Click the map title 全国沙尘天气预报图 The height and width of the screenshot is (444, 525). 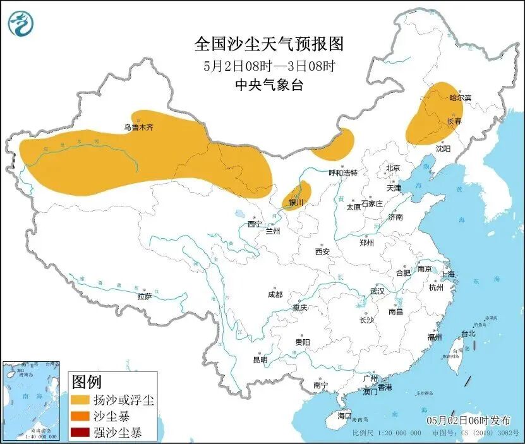[x=269, y=44]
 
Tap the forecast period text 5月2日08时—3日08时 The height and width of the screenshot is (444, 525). [x=269, y=65]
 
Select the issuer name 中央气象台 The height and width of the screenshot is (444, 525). [x=269, y=85]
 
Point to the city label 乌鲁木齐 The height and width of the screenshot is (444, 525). [x=138, y=127]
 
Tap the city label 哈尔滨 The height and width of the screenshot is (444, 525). [x=460, y=98]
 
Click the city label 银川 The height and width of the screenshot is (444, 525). [x=296, y=203]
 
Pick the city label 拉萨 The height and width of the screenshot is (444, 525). [x=144, y=296]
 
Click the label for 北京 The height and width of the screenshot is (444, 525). [x=393, y=168]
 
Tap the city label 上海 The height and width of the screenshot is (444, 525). [x=447, y=274]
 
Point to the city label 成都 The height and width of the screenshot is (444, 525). [x=275, y=294]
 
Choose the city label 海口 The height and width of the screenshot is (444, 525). [x=344, y=416]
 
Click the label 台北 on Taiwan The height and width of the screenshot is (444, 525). [x=468, y=333]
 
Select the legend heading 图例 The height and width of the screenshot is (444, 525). [x=87, y=381]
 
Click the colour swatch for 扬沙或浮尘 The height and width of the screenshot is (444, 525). [x=80, y=400]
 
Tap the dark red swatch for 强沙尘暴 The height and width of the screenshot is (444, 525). [x=80, y=433]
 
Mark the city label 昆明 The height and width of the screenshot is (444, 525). [x=260, y=359]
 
